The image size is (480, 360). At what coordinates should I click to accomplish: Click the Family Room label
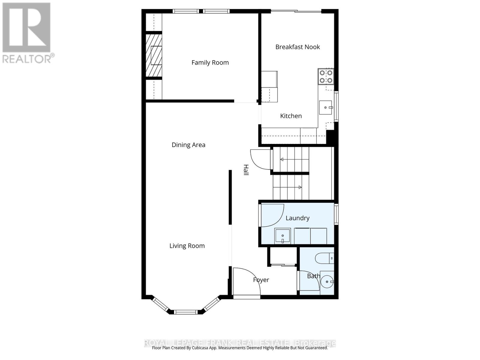(210, 62)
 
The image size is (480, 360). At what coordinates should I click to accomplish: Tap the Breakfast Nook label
(298, 47)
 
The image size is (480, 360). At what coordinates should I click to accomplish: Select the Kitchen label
(291, 116)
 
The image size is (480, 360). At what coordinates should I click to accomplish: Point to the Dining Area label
(188, 145)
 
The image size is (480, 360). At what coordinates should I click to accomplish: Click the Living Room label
(187, 246)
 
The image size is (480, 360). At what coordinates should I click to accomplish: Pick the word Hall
(246, 170)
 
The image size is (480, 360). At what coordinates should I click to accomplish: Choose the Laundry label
(297, 218)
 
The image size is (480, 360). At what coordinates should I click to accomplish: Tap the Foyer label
(261, 280)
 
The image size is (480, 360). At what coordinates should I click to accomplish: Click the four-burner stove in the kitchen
(326, 76)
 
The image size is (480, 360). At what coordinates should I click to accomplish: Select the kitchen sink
(325, 107)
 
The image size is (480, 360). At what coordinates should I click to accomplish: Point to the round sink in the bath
(327, 282)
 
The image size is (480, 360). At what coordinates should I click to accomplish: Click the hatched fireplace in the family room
(154, 55)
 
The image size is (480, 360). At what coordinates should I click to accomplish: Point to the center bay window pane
(186, 312)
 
